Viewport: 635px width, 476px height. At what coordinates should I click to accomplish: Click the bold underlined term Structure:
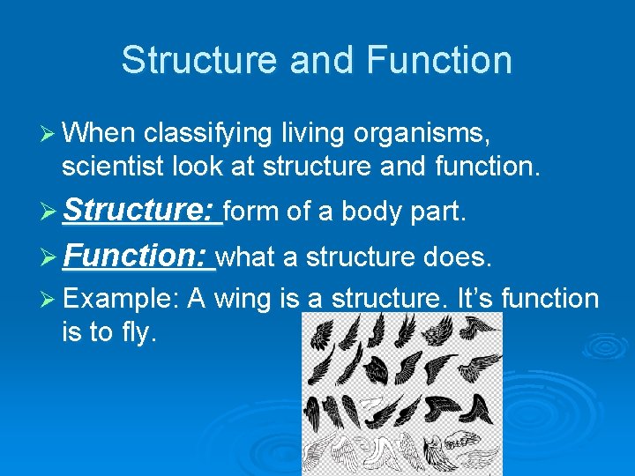(x=141, y=212)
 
